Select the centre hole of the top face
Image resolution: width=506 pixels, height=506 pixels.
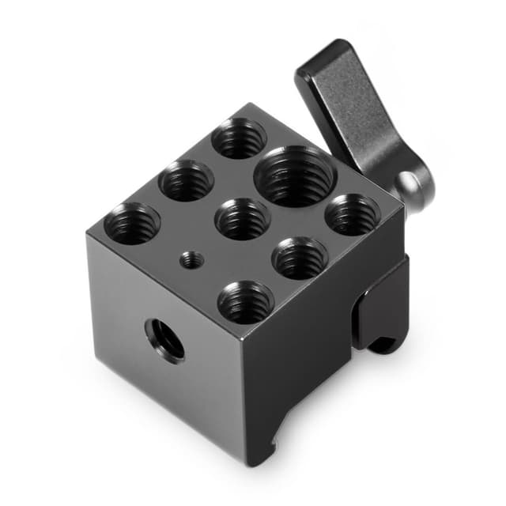243,218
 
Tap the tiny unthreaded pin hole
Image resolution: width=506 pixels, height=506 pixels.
190,259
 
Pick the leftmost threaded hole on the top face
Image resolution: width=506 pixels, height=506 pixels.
132,222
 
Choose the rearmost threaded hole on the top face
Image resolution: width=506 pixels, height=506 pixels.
239,138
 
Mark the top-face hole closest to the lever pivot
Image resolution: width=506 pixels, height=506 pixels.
353,214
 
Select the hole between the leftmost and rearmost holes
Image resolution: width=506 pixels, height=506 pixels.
186,179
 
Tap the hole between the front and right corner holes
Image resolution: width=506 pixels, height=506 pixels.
300,258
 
